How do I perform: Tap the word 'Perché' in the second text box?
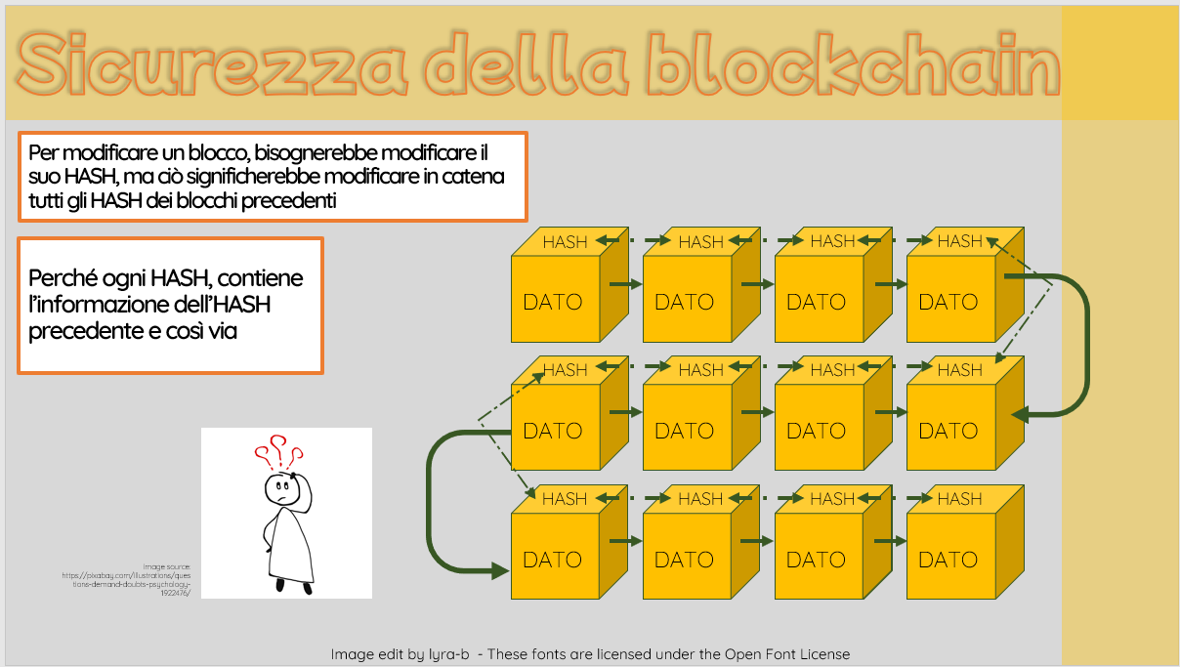(x=63, y=278)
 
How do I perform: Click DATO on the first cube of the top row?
(x=553, y=302)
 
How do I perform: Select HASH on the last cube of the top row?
(x=959, y=241)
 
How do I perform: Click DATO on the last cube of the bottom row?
(x=948, y=560)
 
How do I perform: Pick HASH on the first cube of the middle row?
(x=565, y=370)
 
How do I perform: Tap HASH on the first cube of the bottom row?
(x=565, y=499)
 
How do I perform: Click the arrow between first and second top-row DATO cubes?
(x=624, y=284)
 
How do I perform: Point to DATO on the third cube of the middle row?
(x=817, y=431)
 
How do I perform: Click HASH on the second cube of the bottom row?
(x=700, y=499)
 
